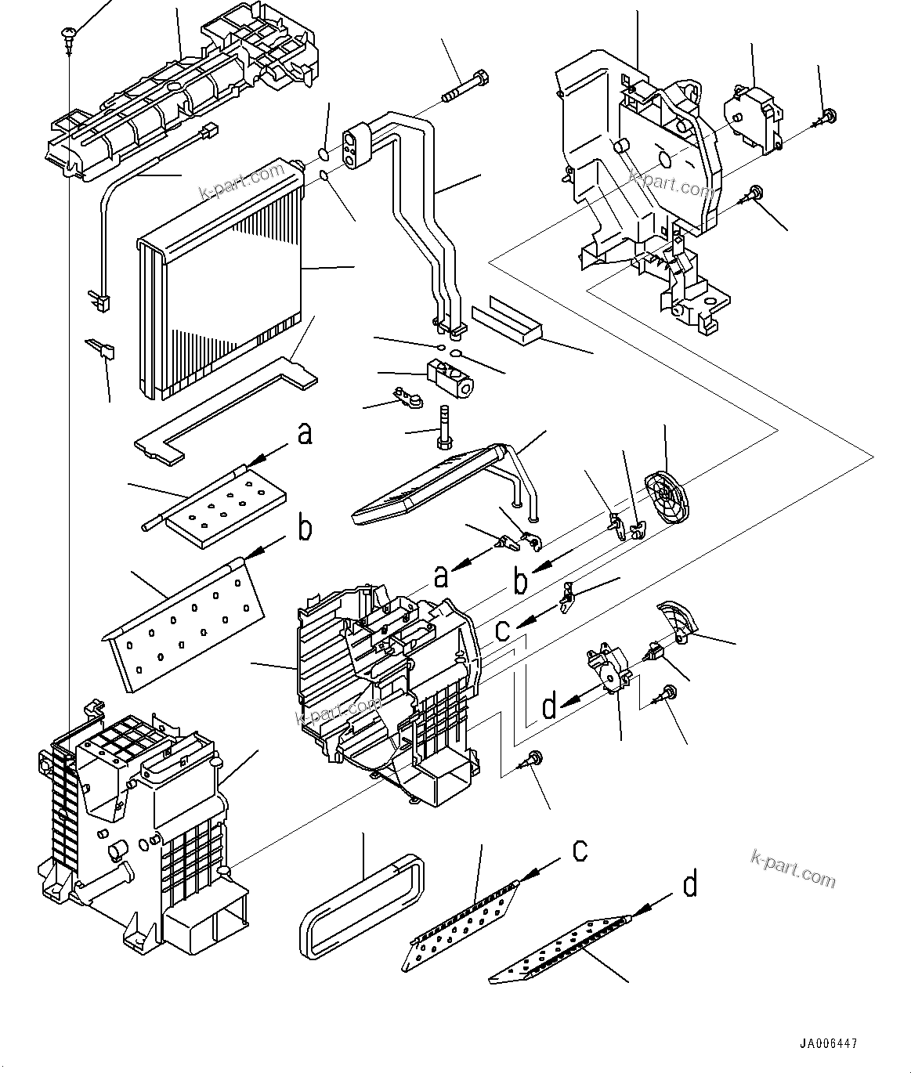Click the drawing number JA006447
[828, 1044]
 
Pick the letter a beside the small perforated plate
[305, 433]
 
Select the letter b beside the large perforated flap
[305, 529]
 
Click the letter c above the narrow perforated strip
[580, 849]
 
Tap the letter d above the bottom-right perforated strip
[689, 885]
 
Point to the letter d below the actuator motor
[549, 707]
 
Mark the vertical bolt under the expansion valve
[443, 427]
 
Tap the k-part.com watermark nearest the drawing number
[793, 868]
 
